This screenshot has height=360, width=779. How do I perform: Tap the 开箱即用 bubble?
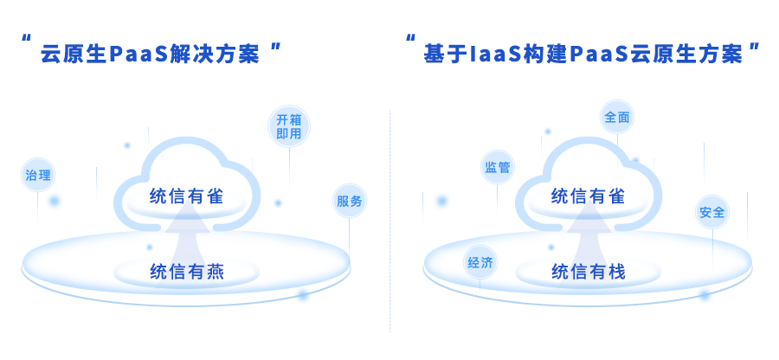pos(289,126)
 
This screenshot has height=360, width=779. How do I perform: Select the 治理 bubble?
pos(38,176)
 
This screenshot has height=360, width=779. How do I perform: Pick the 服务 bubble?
pos(350,202)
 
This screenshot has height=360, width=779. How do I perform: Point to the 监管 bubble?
pos(498,167)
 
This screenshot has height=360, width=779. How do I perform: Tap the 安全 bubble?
pos(712,212)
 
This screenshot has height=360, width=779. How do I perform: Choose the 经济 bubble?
pos(480,263)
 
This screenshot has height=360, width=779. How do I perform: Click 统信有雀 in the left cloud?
pos(186,196)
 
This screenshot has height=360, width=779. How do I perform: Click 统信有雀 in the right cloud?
pos(588,196)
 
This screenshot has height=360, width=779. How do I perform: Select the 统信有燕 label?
pos(186,272)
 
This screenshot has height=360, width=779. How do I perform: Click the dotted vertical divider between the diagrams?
pos(389,216)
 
